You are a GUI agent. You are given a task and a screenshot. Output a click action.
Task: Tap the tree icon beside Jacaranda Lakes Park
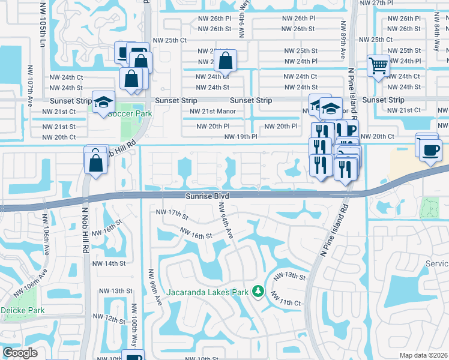pos(259,291)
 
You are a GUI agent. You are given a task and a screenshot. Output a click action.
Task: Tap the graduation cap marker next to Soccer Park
pos(104,102)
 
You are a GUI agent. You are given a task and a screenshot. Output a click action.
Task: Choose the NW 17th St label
pos(172,214)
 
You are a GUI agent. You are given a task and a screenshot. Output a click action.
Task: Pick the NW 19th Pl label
pos(241,137)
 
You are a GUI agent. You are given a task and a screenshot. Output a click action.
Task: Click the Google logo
pos(20,353)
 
